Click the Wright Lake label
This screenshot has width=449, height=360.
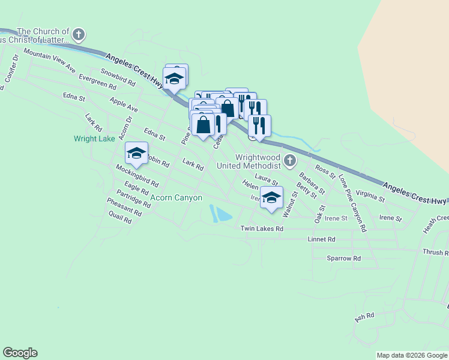pyautogui.click(x=94, y=139)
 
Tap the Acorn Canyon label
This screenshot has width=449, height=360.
pyautogui.click(x=176, y=197)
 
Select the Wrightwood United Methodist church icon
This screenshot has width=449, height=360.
pyautogui.click(x=291, y=160)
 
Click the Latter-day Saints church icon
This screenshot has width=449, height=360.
pyautogui.click(x=79, y=34)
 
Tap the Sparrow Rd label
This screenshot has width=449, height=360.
pyautogui.click(x=343, y=258)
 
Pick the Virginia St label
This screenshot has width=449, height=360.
pyautogui.click(x=370, y=194)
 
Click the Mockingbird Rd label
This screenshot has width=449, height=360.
pyautogui.click(x=137, y=176)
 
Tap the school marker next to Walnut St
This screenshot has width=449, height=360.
pyautogui.click(x=271, y=198)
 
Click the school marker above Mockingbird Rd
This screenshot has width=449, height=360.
pyautogui.click(x=136, y=154)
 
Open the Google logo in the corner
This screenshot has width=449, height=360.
pyautogui.click(x=20, y=353)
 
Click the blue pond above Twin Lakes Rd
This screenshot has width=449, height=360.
pyautogui.click(x=219, y=214)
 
